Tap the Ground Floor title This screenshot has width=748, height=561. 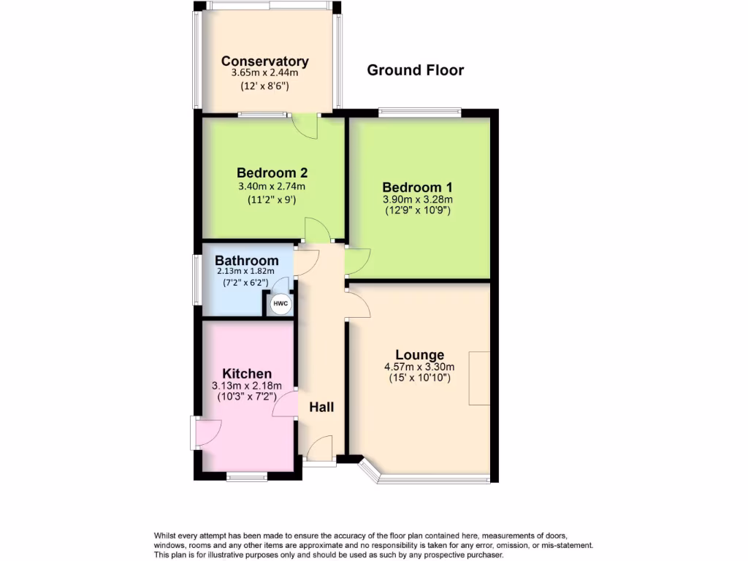point(415,70)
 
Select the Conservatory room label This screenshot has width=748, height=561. point(264,61)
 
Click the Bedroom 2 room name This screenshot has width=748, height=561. point(272,173)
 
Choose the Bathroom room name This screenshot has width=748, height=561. point(246,261)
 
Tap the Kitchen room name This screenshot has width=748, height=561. point(247,373)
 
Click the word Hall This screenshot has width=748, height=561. point(321,407)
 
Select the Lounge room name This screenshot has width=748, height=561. point(419,355)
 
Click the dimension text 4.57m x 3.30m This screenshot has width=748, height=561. point(419,367)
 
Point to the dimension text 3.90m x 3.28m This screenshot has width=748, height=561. point(418,199)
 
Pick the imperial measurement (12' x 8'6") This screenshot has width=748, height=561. point(264,85)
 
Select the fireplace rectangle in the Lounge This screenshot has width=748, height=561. point(479,378)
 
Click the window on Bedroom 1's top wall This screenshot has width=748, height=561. point(419,113)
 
